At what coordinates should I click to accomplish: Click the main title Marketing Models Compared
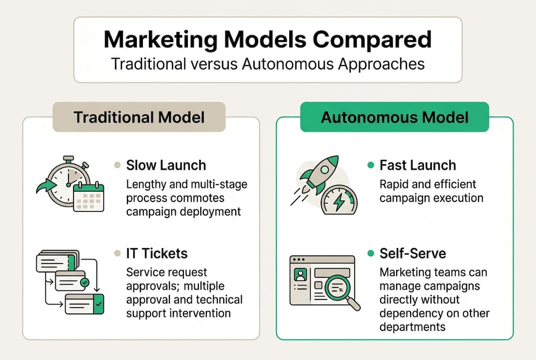pyautogui.click(x=267, y=39)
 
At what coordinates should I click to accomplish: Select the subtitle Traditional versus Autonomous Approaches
pyautogui.click(x=267, y=64)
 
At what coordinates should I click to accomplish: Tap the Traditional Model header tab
pyautogui.click(x=139, y=117)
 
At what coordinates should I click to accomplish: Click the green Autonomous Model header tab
pyautogui.click(x=394, y=117)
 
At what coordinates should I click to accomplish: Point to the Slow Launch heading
pyautogui.click(x=166, y=165)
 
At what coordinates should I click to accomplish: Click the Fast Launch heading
pyautogui.click(x=418, y=165)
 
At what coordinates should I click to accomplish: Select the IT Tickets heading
pyautogui.click(x=157, y=253)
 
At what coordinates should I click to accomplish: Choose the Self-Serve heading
pyautogui.click(x=412, y=253)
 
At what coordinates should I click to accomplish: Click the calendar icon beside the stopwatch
pyautogui.click(x=88, y=197)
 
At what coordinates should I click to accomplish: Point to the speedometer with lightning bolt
pyautogui.click(x=339, y=200)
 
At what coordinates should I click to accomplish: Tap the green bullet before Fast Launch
pyautogui.click(x=371, y=165)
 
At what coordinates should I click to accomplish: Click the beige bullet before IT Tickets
pyautogui.click(x=117, y=253)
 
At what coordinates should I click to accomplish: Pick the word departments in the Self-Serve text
pyautogui.click(x=412, y=327)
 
